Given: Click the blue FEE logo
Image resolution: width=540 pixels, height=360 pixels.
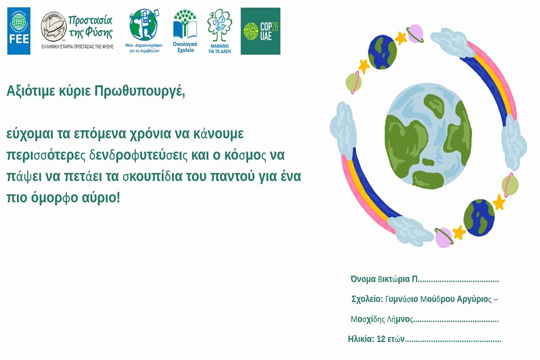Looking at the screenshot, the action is coord(19,31).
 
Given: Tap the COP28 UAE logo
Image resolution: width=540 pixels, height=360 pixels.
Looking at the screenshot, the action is coord(261,31).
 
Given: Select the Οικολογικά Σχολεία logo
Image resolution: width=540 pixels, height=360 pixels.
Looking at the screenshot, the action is coord(185,31).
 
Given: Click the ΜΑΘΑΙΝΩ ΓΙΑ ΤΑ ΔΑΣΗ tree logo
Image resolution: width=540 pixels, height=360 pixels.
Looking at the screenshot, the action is coord(220,31).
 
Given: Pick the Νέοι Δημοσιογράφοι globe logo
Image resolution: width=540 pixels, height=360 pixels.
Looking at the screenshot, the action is coord(144,31).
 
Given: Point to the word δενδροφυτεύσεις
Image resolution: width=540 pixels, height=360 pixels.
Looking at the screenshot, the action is coord(139,156).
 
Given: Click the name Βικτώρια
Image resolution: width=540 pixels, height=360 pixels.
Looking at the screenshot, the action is coord(394,279).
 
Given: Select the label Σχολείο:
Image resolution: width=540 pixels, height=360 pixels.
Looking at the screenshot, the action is coord(367,299).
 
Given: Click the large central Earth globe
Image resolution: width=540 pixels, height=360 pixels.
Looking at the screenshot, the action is coord(428,136).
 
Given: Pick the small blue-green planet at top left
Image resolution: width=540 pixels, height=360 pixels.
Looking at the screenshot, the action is coord(382,52).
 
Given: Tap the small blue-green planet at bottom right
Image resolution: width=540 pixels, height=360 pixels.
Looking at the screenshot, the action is coord(479,217).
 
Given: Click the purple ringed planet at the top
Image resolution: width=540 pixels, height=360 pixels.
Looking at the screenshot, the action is coord(415,33).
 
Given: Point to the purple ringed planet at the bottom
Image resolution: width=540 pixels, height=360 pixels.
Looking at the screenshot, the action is coord(444,238).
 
